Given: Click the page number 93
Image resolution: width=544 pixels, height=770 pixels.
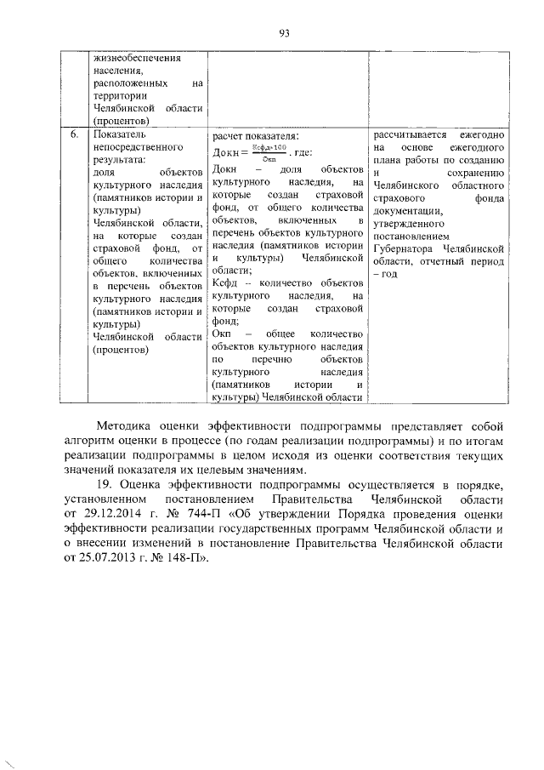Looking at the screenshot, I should coord(284,33).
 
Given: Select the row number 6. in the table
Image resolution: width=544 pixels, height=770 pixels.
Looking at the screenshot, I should coord(74,134).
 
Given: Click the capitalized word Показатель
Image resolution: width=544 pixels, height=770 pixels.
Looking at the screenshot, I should coord(121,134).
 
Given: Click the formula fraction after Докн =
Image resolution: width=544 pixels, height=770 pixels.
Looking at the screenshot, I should coord(269,153).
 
